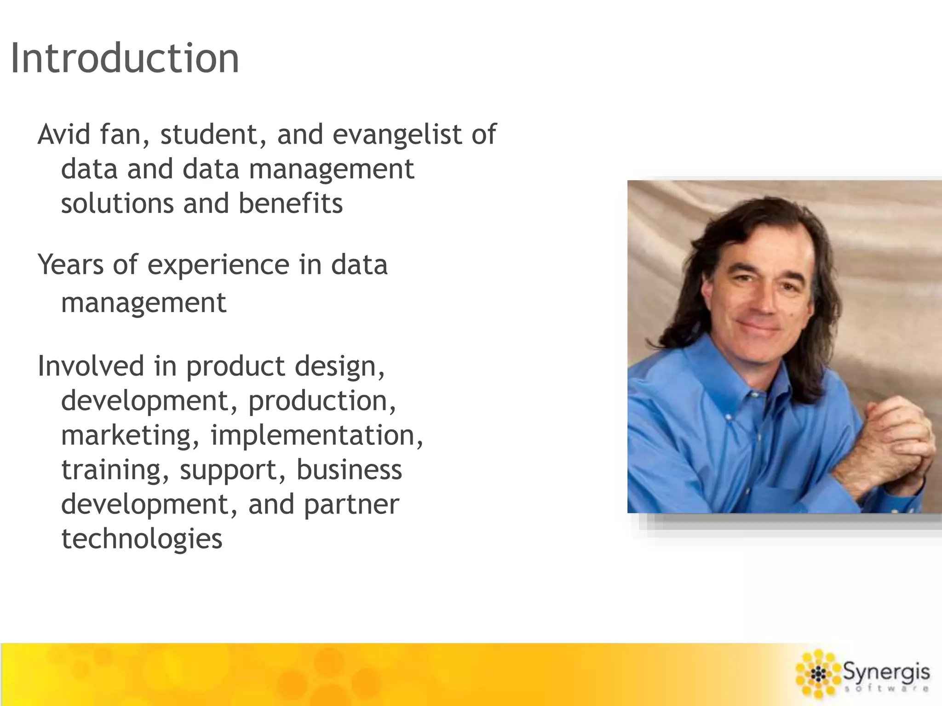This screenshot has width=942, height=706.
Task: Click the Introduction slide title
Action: pos(125,58)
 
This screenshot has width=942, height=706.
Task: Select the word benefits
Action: pos(290,204)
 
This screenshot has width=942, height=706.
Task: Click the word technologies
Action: pos(142,539)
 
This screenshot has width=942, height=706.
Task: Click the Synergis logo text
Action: pos(886,673)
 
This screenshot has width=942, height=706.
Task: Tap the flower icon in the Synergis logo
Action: pos(818,675)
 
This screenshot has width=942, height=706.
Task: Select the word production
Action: pos(322,401)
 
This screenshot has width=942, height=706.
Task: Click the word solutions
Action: pos(117,204)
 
